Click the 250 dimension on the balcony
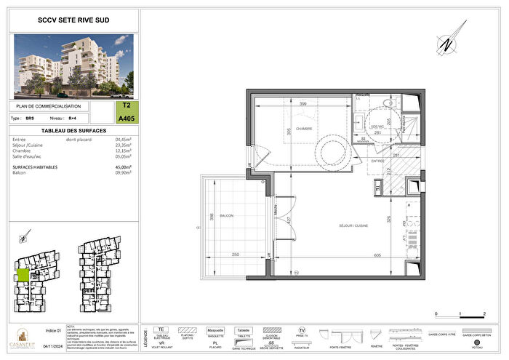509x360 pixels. [236, 255]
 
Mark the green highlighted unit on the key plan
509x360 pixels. [23, 275]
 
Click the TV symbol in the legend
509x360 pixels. [301, 329]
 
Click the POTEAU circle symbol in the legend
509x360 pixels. [476, 341]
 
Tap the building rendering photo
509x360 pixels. [73, 67]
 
